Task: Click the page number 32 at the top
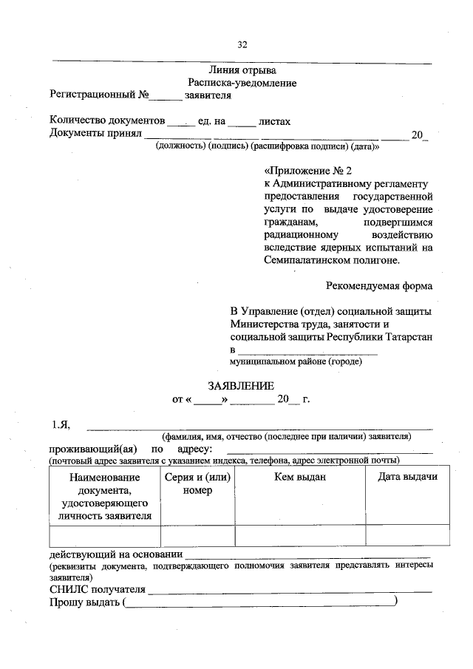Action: point(241,44)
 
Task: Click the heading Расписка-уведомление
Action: point(242,84)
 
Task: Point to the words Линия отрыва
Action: point(242,71)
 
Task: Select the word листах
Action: point(275,120)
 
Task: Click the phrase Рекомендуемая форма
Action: point(379,285)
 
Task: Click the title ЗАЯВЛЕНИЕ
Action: point(241,385)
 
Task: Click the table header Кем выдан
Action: point(300,477)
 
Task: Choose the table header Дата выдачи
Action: point(407,477)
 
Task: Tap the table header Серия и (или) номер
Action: point(197,483)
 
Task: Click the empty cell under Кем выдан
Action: point(300,535)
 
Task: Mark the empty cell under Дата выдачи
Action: point(407,535)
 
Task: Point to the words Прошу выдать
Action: point(85,604)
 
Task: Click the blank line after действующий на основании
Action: point(308,554)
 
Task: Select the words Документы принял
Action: point(95,134)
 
